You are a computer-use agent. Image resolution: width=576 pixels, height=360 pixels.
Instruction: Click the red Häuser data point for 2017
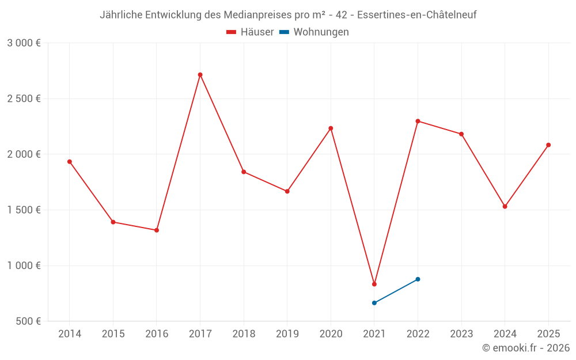(200, 75)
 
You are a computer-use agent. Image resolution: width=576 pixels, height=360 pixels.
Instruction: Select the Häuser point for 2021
(374, 284)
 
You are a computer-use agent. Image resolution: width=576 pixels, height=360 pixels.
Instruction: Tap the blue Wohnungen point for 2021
(374, 303)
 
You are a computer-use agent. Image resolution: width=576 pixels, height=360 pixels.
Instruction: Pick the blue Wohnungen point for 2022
(418, 279)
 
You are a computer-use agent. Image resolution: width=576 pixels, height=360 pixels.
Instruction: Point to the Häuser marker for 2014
(70, 162)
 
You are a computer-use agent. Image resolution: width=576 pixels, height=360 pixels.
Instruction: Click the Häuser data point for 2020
(331, 128)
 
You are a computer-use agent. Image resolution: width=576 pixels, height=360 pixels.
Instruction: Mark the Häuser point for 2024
(505, 206)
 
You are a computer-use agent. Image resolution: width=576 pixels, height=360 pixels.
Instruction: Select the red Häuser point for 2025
(548, 145)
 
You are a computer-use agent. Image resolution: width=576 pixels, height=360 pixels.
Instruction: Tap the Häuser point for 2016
(157, 230)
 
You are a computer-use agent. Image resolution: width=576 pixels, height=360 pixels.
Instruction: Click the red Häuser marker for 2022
(418, 121)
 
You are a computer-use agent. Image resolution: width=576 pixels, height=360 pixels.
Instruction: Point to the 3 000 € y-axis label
(24, 43)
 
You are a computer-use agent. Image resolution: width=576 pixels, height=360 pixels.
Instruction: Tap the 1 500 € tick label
(24, 210)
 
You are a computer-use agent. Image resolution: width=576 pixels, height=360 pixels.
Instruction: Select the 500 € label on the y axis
(28, 321)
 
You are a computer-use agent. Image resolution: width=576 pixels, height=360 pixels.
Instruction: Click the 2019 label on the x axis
(287, 334)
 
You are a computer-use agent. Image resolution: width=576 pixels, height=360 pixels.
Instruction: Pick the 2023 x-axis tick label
(461, 334)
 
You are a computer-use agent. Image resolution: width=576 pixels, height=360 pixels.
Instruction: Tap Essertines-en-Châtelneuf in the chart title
(417, 15)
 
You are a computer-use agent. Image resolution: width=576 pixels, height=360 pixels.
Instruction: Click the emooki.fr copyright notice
(526, 348)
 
